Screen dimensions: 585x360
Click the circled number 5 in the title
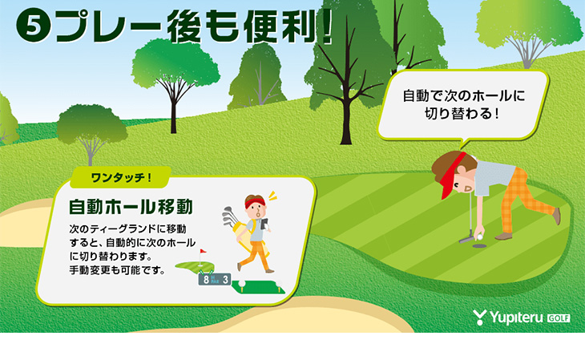33,26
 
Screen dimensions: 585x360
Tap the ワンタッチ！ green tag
120,177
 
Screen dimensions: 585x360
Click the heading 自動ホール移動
131,207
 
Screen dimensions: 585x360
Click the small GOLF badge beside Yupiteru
559,318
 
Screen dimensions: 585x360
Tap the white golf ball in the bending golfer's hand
479,236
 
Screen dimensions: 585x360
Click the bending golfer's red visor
451,175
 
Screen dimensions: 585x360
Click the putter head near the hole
466,240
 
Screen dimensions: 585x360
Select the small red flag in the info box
203,251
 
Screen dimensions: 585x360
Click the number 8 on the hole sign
206,280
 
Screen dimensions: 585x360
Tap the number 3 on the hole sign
225,280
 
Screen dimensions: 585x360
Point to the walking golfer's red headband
255,203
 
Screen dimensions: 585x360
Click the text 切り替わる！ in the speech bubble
462,114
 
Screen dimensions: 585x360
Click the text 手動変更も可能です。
117,270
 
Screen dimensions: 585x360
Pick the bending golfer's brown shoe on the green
503,237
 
